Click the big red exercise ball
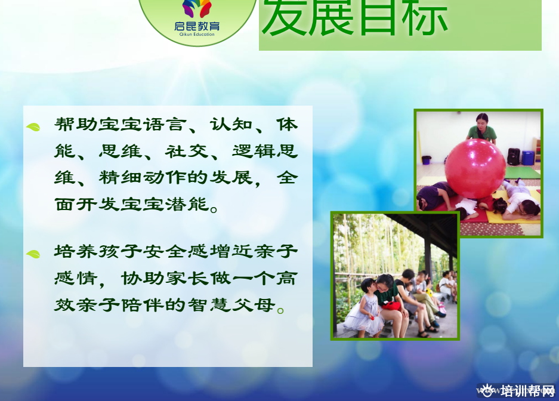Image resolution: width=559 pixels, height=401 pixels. click(x=475, y=169)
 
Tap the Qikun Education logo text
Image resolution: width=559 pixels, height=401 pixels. click(x=197, y=34)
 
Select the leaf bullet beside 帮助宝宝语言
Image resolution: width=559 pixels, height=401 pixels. click(x=33, y=127)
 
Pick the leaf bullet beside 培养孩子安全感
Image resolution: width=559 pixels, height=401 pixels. click(x=33, y=254)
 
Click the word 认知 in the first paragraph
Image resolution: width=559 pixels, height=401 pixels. click(x=231, y=125)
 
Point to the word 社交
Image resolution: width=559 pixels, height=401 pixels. click(x=187, y=151)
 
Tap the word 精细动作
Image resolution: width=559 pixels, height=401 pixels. click(x=143, y=177)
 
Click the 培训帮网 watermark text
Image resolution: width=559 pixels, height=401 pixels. click(x=527, y=391)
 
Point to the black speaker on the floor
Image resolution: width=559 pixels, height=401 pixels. click(x=514, y=157)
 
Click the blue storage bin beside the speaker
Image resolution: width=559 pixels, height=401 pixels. click(x=527, y=158)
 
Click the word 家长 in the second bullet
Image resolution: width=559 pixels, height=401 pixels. click(x=187, y=279)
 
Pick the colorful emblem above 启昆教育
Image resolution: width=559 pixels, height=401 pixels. click(x=197, y=8)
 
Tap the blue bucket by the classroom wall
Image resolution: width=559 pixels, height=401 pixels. click(x=427, y=160)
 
